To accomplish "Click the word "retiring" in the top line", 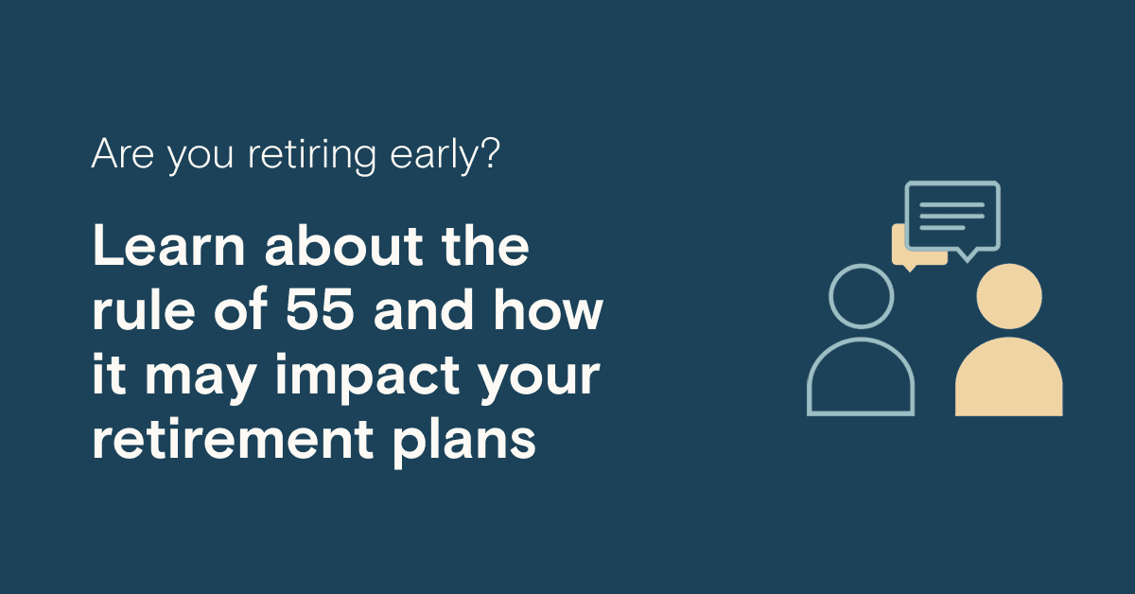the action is coord(311,155).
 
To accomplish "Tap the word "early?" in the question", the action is coord(445,155).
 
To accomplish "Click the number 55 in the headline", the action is coord(320,309).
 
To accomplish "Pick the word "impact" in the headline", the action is coord(367,376).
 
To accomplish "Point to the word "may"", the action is coord(201,379).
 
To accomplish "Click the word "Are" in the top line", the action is coord(123,153).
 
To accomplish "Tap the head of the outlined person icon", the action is coord(861,266).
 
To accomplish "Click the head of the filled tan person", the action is coord(1009,296).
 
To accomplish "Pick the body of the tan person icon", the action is coord(1009,376).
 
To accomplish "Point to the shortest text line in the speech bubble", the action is coord(942,228).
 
